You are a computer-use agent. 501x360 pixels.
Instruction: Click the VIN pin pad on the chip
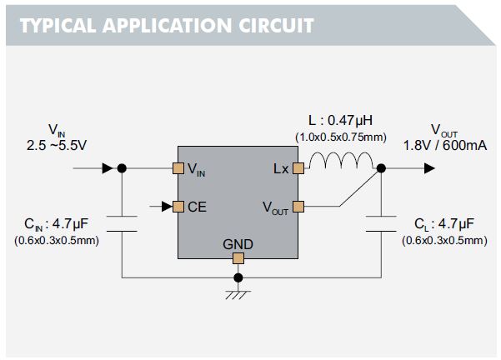pyautogui.click(x=178, y=168)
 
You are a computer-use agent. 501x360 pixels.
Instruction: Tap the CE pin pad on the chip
pyautogui.click(x=178, y=206)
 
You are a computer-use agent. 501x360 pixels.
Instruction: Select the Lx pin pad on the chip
pyautogui.click(x=298, y=168)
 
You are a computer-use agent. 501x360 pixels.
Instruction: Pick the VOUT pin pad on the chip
pyautogui.click(x=298, y=206)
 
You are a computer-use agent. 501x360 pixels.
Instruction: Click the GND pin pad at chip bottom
pyautogui.click(x=238, y=258)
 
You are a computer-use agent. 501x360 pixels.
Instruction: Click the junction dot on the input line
pyautogui.click(x=122, y=168)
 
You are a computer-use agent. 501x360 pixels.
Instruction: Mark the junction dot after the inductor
pyautogui.click(x=381, y=168)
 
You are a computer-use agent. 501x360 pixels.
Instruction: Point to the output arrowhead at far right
pyautogui.click(x=428, y=168)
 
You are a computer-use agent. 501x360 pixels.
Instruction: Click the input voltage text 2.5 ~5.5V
pyautogui.click(x=57, y=144)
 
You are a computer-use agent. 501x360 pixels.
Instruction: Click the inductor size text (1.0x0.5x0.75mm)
pyautogui.click(x=339, y=137)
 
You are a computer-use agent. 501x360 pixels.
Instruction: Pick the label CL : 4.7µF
pyautogui.click(x=444, y=224)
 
